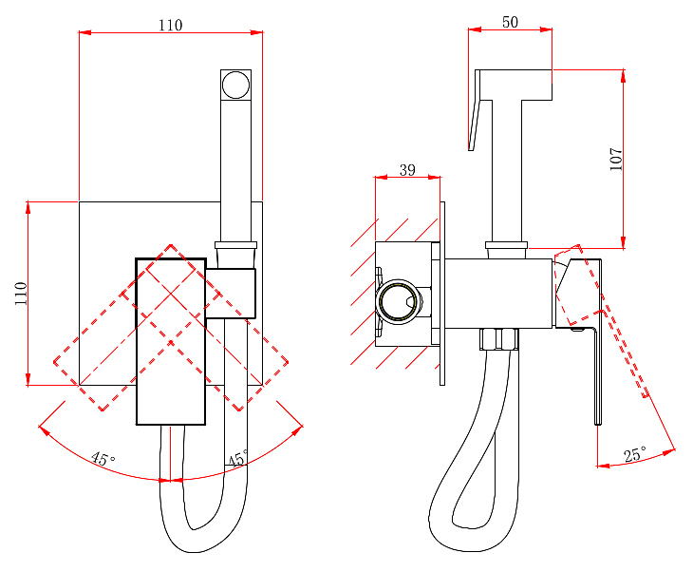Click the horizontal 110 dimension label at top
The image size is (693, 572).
(171, 25)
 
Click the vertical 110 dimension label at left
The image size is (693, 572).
(21, 293)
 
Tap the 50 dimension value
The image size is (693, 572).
(510, 22)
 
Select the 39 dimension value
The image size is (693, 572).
(407, 169)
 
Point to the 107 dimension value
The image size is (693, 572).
(616, 160)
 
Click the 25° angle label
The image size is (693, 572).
(635, 454)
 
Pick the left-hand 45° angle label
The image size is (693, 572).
(103, 459)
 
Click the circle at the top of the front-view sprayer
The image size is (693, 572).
(236, 85)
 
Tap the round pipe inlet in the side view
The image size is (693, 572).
(399, 302)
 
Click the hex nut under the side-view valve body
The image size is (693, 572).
(499, 339)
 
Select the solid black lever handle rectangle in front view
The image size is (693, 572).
(171, 341)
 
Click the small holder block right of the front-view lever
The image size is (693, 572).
(231, 294)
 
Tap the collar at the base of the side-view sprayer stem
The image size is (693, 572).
(506, 245)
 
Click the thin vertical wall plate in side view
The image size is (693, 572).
(442, 294)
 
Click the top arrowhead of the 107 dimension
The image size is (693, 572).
(623, 76)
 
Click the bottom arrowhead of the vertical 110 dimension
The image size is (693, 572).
(28, 379)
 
